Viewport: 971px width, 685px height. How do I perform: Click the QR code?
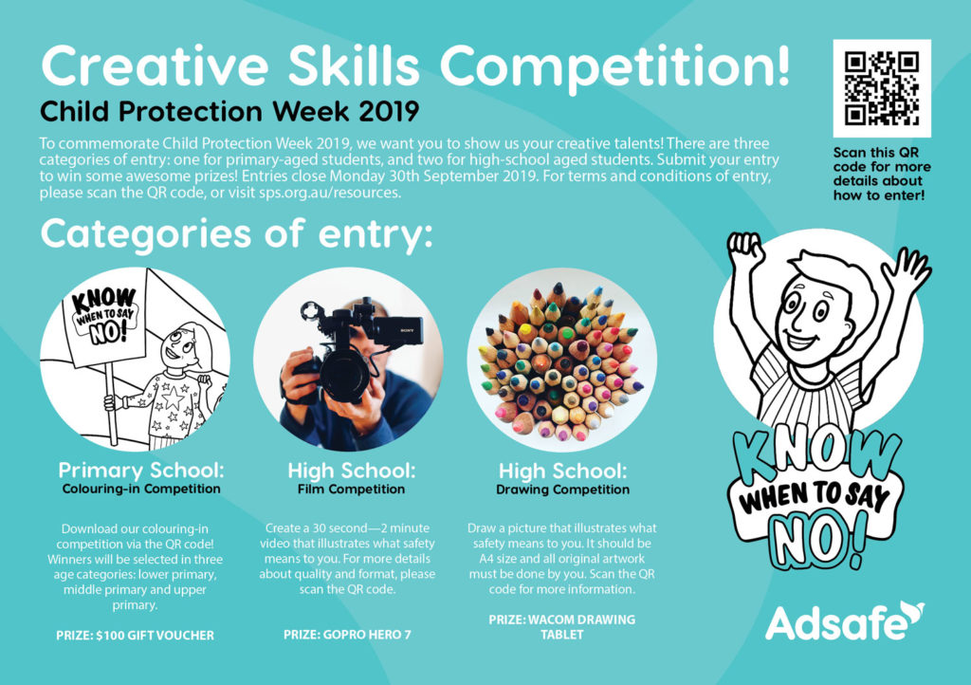(x=882, y=89)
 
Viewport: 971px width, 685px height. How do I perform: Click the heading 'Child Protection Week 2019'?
(x=229, y=112)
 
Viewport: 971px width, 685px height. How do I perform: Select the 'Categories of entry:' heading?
(x=235, y=233)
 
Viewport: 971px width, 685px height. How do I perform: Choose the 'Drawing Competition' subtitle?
(x=562, y=490)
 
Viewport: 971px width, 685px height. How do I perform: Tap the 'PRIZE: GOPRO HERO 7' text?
(x=347, y=635)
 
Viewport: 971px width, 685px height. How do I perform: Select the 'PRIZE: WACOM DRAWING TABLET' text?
(x=562, y=627)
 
